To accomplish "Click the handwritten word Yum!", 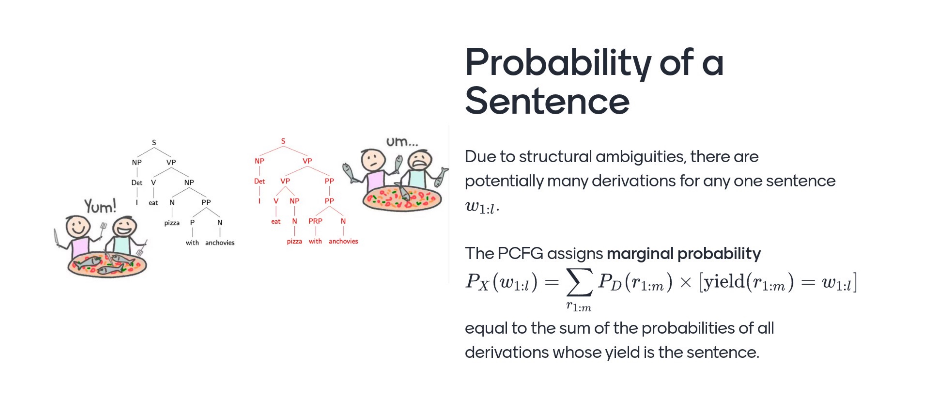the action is [x=100, y=206].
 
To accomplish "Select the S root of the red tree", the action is [x=283, y=141].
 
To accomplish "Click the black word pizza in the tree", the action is [x=172, y=223].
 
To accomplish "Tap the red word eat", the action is [x=276, y=221].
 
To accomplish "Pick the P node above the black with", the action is [x=192, y=222].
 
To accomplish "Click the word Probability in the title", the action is [x=558, y=62].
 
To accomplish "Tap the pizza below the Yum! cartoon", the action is [x=107, y=264].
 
